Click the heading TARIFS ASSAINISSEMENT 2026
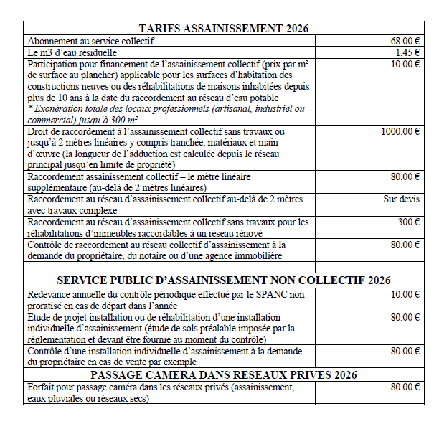[223, 29]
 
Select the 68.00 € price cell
[405, 42]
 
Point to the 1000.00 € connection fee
[400, 131]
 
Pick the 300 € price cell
[408, 222]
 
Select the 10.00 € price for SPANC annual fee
[405, 294]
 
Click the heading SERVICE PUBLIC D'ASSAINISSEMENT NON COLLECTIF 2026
[223, 280]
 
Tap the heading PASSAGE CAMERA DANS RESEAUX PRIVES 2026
[223, 374]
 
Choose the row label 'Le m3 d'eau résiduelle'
[80, 53]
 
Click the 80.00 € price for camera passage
[405, 387]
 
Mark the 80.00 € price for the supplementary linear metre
[405, 176]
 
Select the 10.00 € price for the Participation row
[405, 65]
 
